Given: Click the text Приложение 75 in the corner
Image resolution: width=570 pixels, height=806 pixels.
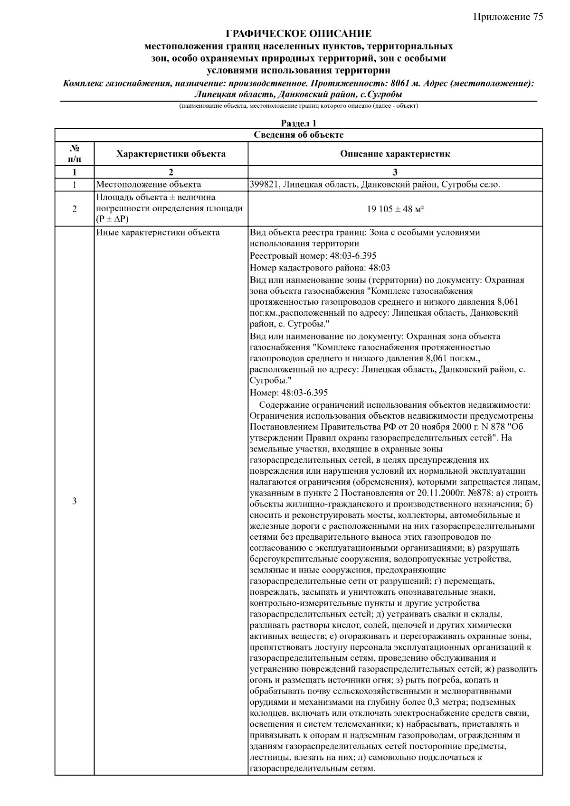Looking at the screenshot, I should click(508, 17).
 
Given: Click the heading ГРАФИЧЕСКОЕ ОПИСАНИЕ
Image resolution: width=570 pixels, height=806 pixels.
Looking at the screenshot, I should click(298, 34).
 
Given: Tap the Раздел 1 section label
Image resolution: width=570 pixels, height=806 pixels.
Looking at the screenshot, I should click(298, 123).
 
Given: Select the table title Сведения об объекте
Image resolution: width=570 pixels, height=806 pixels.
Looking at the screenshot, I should click(298, 135).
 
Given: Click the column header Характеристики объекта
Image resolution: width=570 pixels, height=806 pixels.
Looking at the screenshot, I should click(171, 153).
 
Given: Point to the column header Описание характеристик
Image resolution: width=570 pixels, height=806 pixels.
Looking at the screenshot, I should click(395, 153).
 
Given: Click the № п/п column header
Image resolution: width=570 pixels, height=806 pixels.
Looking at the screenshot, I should click(75, 153).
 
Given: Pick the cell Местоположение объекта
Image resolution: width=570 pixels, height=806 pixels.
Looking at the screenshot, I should click(149, 185).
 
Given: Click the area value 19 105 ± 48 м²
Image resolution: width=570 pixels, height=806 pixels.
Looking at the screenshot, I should click(395, 209).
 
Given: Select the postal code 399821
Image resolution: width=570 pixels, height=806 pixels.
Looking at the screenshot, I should click(264, 185).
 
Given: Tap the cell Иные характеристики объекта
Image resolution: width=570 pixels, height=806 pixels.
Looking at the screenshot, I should click(158, 233).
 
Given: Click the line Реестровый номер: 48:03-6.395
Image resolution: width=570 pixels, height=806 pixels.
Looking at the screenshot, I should click(313, 256).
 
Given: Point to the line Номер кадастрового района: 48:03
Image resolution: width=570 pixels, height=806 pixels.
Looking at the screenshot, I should click(320, 268).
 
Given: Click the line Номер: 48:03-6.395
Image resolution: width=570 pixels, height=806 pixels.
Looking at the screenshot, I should click(289, 393).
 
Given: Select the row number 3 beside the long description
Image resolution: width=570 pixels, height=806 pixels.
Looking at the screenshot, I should click(75, 501).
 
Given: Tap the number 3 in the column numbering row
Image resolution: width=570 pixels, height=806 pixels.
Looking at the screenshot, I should click(395, 172).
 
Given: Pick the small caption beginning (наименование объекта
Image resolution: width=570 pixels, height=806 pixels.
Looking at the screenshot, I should click(298, 106).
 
